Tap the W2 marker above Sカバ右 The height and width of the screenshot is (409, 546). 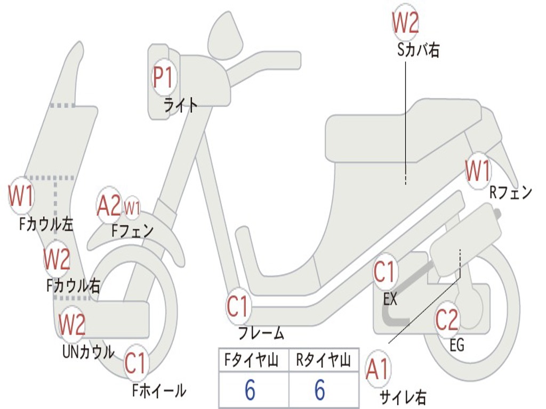pos(406,22)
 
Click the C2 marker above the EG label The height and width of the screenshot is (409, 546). pos(447,320)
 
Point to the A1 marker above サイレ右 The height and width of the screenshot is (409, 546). pos(378,369)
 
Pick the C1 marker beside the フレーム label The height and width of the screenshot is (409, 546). pos(238,306)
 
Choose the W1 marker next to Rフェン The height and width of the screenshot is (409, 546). pos(478,171)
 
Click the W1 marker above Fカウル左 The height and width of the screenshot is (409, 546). pos(21,195)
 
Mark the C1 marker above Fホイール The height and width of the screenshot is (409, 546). pos(136,363)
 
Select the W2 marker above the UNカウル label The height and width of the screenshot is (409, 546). pos(72,324)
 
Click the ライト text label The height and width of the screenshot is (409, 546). pos(180,105)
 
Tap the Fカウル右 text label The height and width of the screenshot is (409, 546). pos(73,286)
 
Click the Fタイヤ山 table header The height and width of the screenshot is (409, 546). pos(252,360)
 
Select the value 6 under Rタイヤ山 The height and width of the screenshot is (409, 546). pos(320,390)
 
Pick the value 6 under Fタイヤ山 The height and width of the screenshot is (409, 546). pos(250,390)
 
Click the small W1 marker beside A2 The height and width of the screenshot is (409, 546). pos(132,208)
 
